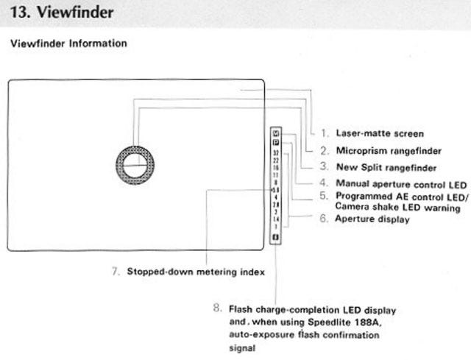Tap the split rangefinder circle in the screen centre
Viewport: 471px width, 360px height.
click(135, 166)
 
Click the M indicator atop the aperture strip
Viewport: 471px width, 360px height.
click(275, 134)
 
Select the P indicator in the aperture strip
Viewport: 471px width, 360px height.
click(275, 143)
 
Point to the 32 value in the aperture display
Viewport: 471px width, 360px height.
click(275, 152)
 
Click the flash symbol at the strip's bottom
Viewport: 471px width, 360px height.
click(275, 238)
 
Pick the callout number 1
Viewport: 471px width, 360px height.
click(324, 133)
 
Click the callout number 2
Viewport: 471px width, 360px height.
click(324, 150)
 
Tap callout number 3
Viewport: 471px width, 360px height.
click(324, 167)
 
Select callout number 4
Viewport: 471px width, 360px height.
click(324, 183)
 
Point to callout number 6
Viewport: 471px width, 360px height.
click(324, 219)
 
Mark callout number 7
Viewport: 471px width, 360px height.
click(116, 271)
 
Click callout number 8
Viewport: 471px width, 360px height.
click(216, 308)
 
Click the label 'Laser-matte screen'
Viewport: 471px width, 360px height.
click(379, 133)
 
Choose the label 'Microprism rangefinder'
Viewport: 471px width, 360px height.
click(389, 150)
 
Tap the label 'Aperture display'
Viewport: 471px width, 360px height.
click(373, 219)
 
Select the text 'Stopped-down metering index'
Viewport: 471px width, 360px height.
click(196, 271)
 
